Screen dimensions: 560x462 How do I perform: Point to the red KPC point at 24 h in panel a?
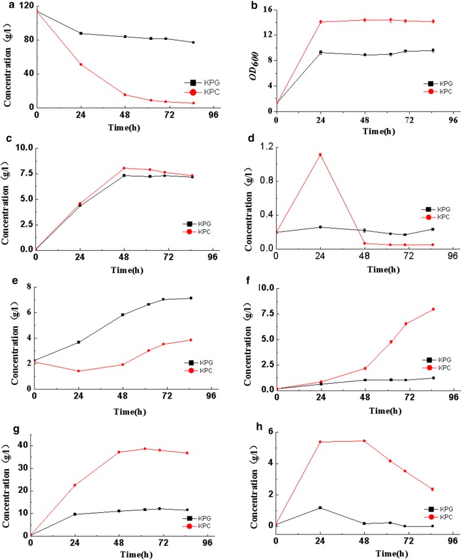point(81,64)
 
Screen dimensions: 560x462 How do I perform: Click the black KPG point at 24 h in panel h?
point(320,508)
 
